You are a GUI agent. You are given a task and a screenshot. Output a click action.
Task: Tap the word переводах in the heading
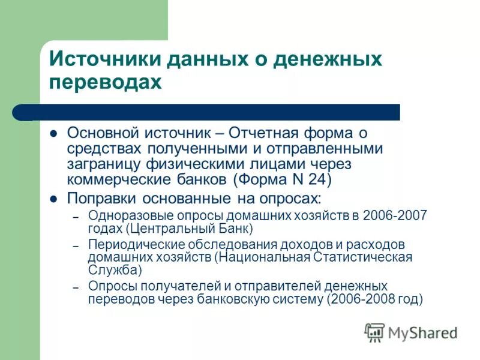pos(106,82)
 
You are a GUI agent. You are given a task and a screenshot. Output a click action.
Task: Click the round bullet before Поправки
pos(53,199)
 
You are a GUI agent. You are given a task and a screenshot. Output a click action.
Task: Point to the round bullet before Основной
pos(53,133)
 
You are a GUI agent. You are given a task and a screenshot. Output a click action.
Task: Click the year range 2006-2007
pos(395,216)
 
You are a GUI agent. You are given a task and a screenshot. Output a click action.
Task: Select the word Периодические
pos(133,245)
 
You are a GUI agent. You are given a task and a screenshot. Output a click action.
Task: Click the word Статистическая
pos(362,257)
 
